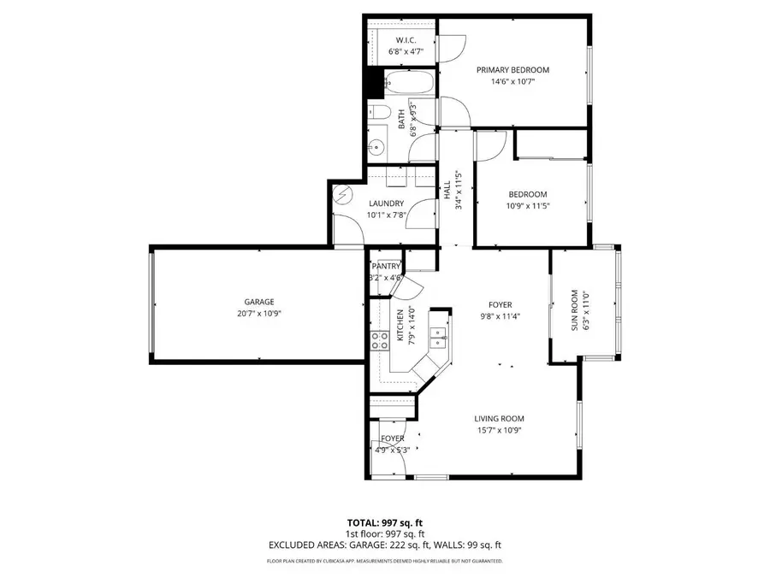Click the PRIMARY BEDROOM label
[512, 70]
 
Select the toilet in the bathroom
[380, 115]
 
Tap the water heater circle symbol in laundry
[342, 194]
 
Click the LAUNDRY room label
[386, 203]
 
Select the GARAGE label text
[258, 302]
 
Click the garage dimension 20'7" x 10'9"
[258, 314]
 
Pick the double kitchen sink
[437, 338]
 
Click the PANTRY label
[386, 267]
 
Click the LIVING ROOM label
[499, 418]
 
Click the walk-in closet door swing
[452, 47]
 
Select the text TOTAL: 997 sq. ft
[384, 521]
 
